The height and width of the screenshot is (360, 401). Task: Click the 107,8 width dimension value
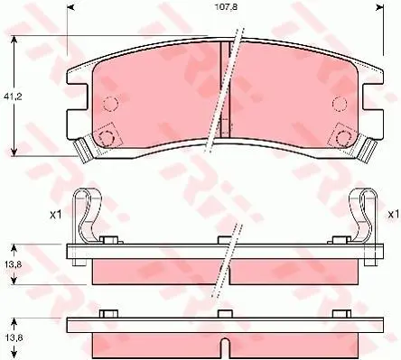coord(226,7)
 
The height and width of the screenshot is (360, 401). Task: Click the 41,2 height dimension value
coord(14,97)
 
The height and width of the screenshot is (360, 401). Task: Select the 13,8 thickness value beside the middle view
coord(13,264)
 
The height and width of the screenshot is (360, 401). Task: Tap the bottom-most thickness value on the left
coord(13,337)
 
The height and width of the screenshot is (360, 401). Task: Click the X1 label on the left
coord(55,215)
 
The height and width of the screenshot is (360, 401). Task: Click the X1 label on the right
coord(393,215)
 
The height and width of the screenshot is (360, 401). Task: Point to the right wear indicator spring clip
coord(364,215)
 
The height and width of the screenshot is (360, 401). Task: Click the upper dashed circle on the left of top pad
coord(110,104)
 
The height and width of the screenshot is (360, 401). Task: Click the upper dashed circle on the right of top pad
coord(340,104)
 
